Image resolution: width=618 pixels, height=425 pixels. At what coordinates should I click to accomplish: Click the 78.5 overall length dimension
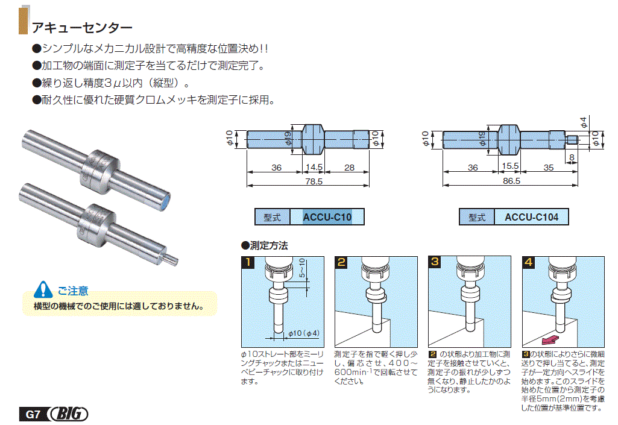(311, 181)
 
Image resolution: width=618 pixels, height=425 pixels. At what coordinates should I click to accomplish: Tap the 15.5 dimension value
(510, 168)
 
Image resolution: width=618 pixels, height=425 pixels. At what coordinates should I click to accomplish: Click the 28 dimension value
(349, 168)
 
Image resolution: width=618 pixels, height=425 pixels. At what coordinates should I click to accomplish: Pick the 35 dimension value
(547, 168)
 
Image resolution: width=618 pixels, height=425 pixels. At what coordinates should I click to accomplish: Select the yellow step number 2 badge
(341, 262)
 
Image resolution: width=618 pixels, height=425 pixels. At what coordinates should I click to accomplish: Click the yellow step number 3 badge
(435, 262)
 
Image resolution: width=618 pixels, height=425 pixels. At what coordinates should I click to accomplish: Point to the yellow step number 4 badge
(529, 262)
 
